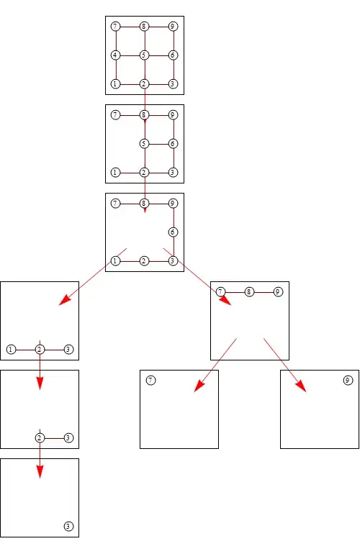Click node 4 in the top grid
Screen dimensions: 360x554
(x=115, y=55)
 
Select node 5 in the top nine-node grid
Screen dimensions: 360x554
(x=144, y=55)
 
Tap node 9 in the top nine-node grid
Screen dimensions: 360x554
(x=173, y=26)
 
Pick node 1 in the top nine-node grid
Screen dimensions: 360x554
(x=115, y=84)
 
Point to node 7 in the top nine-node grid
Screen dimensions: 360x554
(x=115, y=26)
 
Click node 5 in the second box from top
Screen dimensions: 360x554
(x=144, y=143)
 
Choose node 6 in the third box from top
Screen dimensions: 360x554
(x=173, y=232)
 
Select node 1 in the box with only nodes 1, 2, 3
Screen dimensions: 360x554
(x=11, y=350)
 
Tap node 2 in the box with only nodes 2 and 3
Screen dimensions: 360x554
(x=40, y=438)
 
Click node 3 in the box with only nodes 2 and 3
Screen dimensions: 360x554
(x=68, y=438)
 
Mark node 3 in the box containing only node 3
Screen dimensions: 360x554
(x=68, y=527)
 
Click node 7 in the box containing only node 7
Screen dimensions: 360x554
(x=151, y=381)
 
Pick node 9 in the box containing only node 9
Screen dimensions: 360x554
(x=348, y=381)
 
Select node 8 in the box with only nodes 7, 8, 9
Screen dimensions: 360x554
(x=249, y=292)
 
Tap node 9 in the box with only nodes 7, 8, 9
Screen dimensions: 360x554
(x=279, y=292)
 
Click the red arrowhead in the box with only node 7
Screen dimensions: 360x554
(x=199, y=386)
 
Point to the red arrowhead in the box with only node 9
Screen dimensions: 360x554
(x=301, y=386)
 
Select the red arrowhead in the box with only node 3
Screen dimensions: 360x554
(x=40, y=472)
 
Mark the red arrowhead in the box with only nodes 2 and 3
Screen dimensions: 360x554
(x=40, y=383)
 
